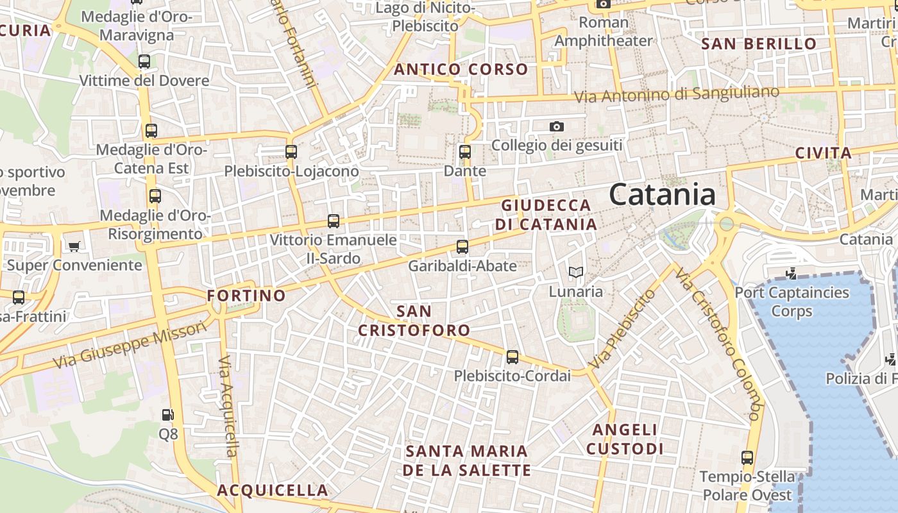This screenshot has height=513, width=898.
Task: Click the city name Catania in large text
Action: (x=662, y=194)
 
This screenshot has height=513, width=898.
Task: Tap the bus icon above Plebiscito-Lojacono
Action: (x=291, y=152)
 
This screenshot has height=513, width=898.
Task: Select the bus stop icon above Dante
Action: (x=465, y=153)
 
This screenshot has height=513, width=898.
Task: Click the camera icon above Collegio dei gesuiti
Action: (x=557, y=126)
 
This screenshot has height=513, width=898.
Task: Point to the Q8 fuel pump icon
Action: (x=167, y=415)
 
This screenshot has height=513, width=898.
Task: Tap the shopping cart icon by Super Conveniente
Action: (x=74, y=246)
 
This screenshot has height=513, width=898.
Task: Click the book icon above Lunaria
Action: (x=576, y=273)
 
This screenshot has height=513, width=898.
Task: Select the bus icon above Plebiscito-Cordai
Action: (x=512, y=357)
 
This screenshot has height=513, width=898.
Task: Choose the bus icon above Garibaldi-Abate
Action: (x=462, y=246)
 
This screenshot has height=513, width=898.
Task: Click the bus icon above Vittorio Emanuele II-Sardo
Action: (x=334, y=221)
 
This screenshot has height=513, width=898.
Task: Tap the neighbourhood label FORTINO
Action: (x=246, y=296)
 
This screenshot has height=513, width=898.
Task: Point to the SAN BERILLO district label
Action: (x=759, y=44)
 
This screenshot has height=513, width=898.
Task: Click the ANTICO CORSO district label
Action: (x=461, y=69)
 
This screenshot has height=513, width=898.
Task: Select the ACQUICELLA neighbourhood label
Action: (x=273, y=491)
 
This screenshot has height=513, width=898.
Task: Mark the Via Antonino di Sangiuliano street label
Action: (x=676, y=94)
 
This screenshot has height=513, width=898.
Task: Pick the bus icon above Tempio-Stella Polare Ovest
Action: (x=747, y=458)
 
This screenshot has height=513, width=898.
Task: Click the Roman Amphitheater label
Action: (x=603, y=31)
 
